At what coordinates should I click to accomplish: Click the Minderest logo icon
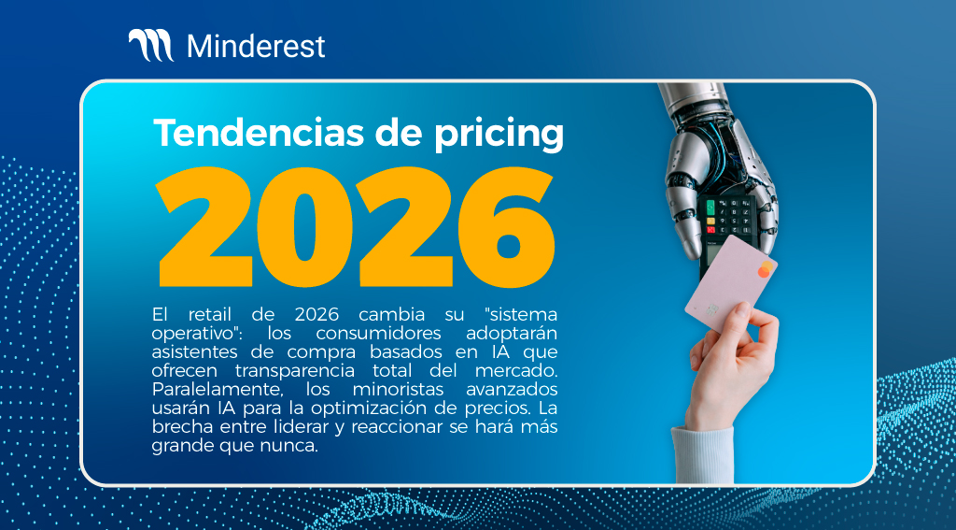pos(149,46)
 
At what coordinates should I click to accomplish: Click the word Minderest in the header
pos(256,46)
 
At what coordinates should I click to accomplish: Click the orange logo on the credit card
pos(764,269)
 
